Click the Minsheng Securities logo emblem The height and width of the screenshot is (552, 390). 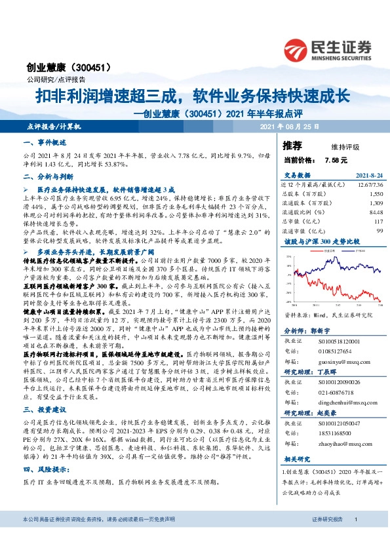[297, 49]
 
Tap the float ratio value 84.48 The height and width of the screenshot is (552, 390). [375, 212]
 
